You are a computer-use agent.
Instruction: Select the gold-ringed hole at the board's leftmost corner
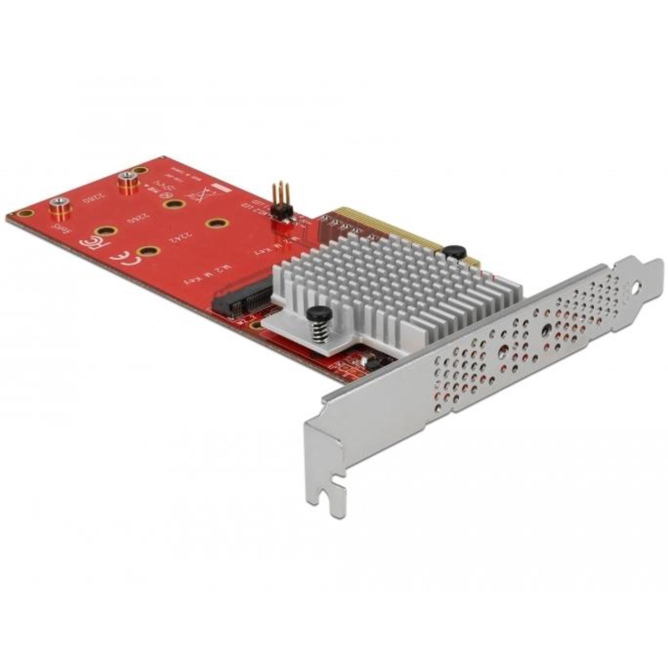24,214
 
